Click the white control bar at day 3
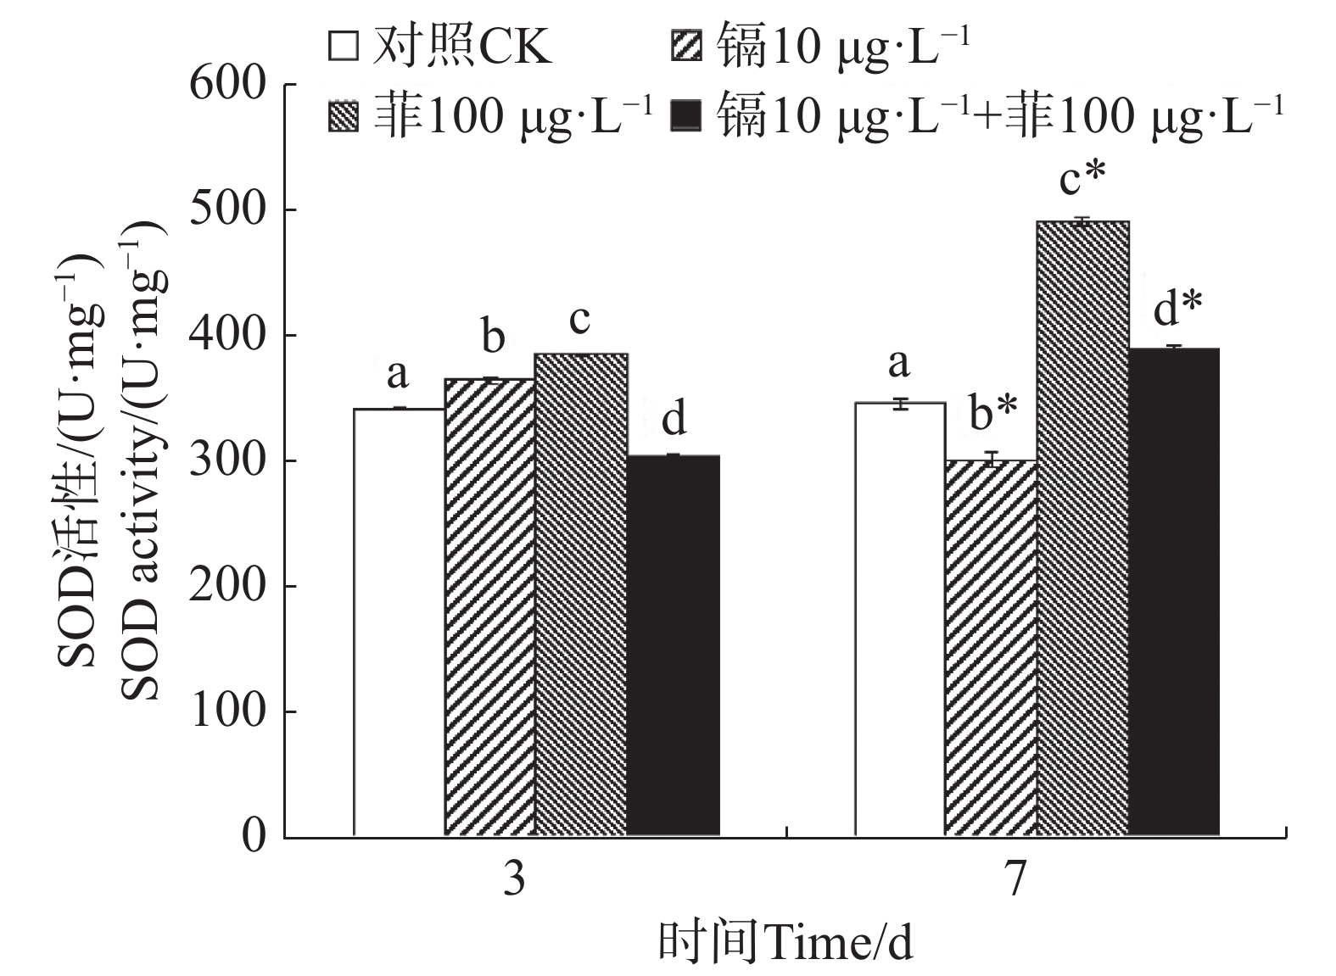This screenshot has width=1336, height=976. pos(399,622)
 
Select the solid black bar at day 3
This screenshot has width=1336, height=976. pos(674,645)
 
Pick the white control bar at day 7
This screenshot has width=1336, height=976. pos(900,619)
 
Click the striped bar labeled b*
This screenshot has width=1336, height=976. pos(991,648)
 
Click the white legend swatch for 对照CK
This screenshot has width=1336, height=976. pos(344,47)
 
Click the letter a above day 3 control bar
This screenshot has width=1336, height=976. pos(397,373)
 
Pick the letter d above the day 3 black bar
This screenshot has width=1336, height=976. pos(674,421)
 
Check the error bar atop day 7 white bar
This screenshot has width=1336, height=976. pos(900,404)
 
